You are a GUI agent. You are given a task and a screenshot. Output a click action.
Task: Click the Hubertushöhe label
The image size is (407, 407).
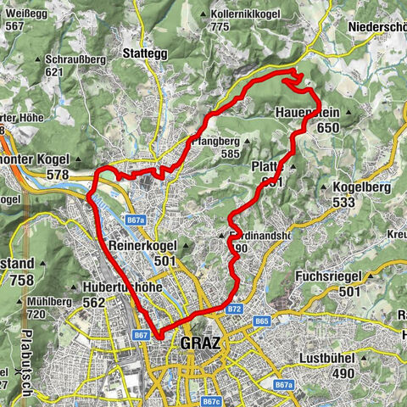click(x=123, y=287)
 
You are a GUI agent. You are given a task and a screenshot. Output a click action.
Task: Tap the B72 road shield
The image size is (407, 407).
click(x=235, y=309)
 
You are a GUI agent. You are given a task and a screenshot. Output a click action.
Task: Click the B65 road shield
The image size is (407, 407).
click(x=261, y=322)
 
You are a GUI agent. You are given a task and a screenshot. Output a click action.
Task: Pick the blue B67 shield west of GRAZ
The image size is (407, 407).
click(x=142, y=336)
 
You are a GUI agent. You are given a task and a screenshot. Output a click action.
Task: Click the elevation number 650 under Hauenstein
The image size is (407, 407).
click(x=330, y=128)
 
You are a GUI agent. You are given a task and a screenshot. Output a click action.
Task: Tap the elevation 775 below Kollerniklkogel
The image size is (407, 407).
click(x=221, y=26)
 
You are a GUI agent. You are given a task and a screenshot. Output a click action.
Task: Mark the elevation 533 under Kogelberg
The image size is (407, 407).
click(x=343, y=202)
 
